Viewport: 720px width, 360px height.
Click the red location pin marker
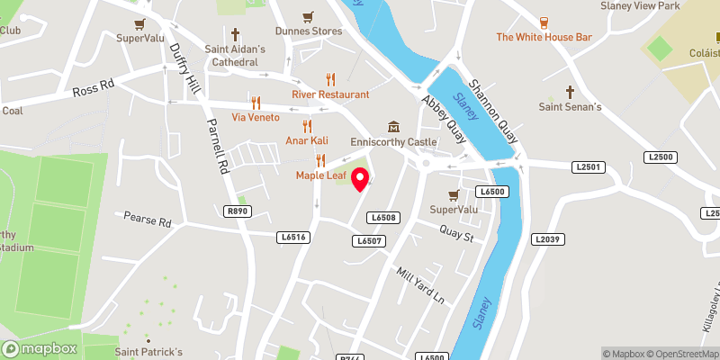360,179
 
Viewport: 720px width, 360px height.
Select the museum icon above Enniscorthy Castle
394,126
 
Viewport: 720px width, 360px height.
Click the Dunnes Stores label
309,31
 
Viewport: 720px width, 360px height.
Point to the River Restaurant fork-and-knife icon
330,79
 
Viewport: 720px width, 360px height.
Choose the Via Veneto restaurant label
256,118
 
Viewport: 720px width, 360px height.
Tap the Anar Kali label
307,141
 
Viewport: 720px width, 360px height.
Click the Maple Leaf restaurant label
319,175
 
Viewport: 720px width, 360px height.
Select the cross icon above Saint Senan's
570,92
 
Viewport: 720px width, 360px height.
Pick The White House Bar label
544,38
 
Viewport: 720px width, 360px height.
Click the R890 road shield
238,211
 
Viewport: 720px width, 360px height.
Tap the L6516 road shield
294,237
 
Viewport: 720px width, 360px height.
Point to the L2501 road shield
589,167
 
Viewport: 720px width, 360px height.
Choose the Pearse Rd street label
147,220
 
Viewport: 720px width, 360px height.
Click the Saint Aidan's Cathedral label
235,56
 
